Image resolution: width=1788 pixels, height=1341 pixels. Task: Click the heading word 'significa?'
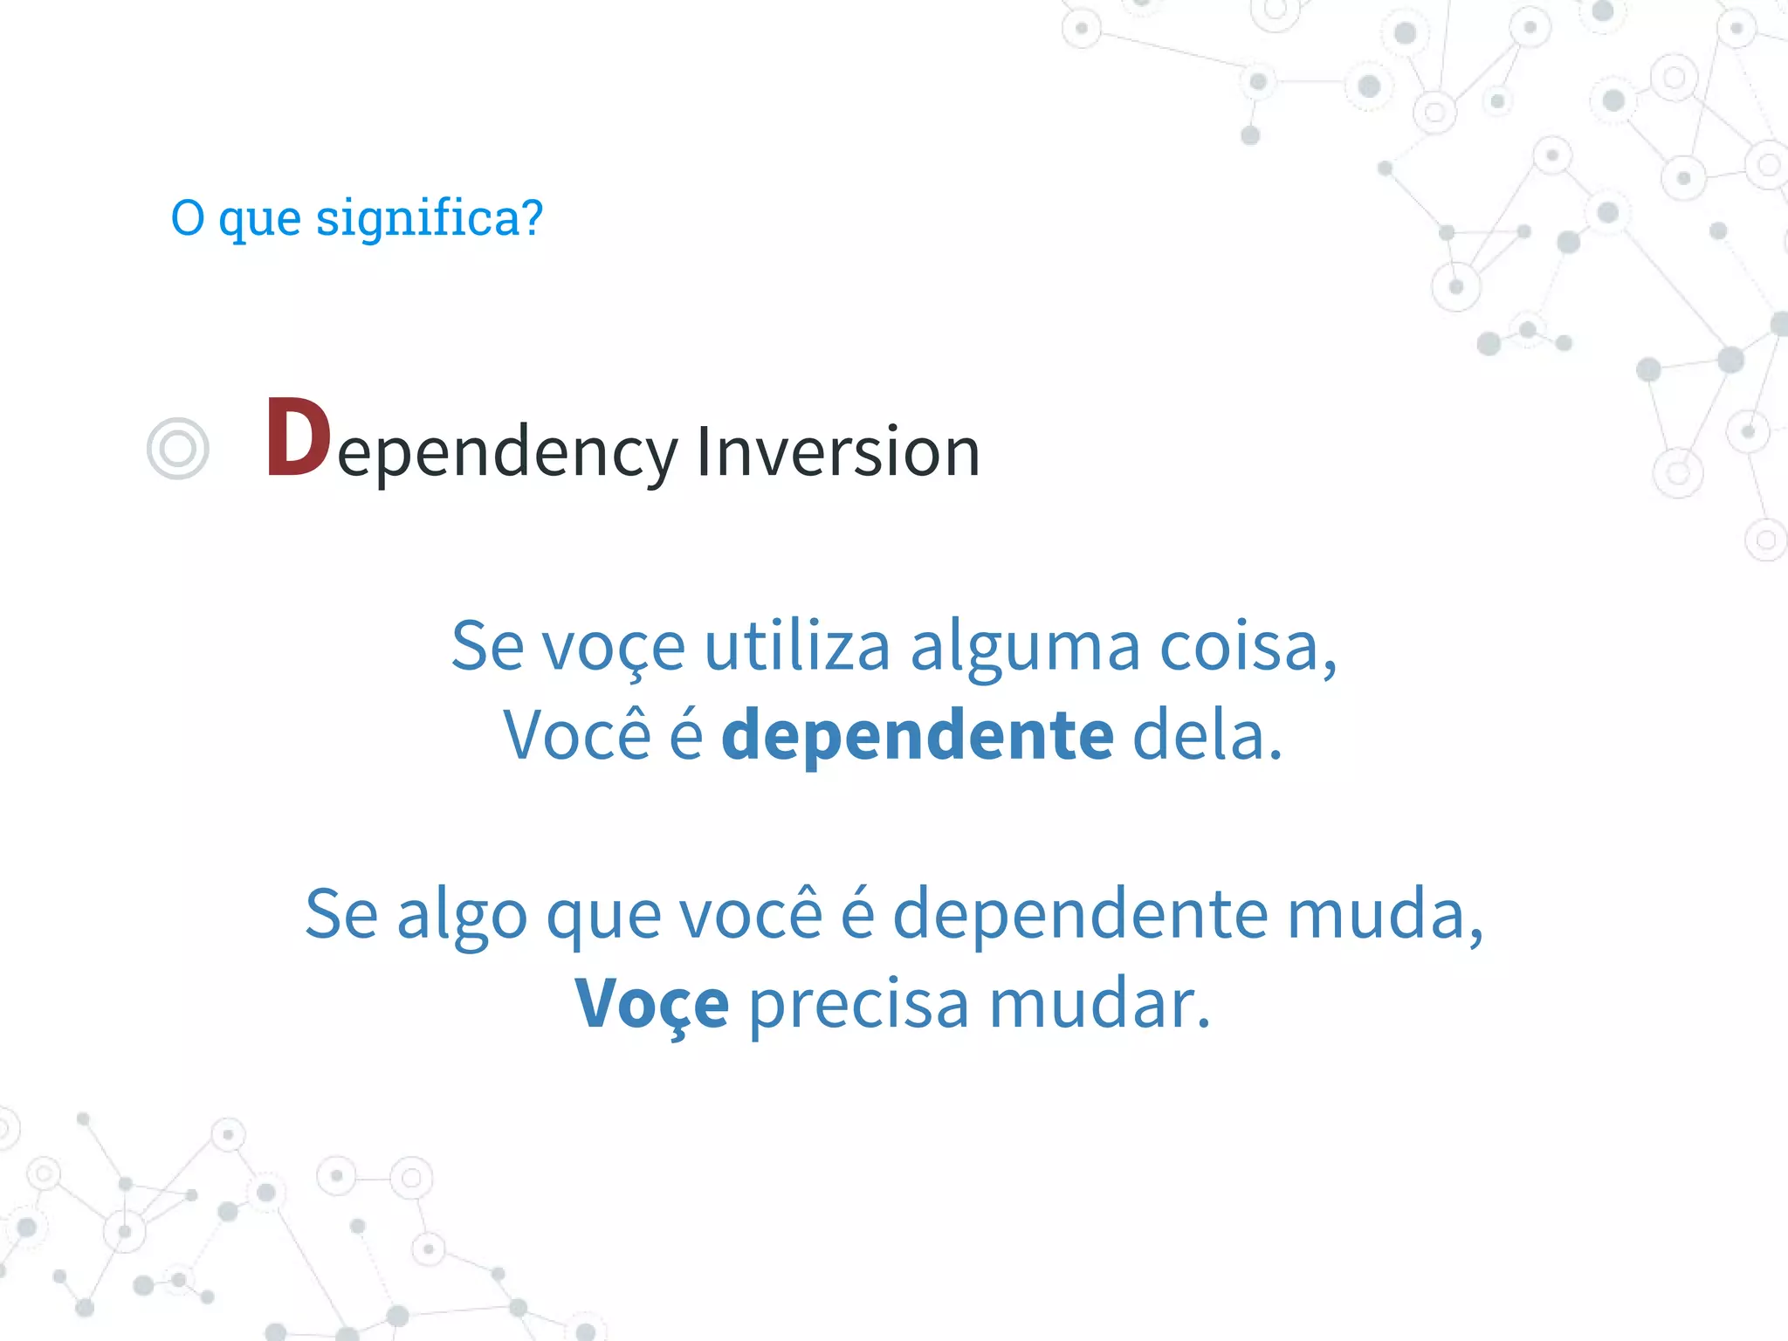(429, 218)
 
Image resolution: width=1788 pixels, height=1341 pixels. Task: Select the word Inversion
(837, 451)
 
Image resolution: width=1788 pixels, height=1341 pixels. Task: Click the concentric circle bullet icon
(178, 449)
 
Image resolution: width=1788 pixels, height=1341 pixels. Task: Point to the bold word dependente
(918, 735)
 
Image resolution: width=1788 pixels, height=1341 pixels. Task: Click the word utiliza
(796, 647)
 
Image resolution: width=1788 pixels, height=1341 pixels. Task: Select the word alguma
(1025, 647)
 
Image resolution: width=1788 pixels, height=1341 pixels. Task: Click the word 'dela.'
(1207, 735)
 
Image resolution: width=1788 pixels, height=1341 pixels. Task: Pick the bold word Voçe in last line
(652, 1004)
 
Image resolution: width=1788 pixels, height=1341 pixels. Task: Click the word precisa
(858, 1004)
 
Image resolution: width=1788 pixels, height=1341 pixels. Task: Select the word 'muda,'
(1385, 914)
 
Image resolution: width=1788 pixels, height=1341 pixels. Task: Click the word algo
(462, 914)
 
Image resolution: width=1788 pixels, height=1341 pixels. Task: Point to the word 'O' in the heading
(188, 218)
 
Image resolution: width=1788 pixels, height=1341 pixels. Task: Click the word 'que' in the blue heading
(259, 218)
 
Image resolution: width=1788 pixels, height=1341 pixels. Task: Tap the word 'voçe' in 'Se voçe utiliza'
(613, 647)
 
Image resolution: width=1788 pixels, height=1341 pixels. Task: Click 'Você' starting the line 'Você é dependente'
(577, 735)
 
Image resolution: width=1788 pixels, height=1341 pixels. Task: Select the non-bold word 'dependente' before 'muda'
(1080, 914)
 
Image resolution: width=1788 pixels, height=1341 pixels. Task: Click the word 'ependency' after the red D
(507, 453)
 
